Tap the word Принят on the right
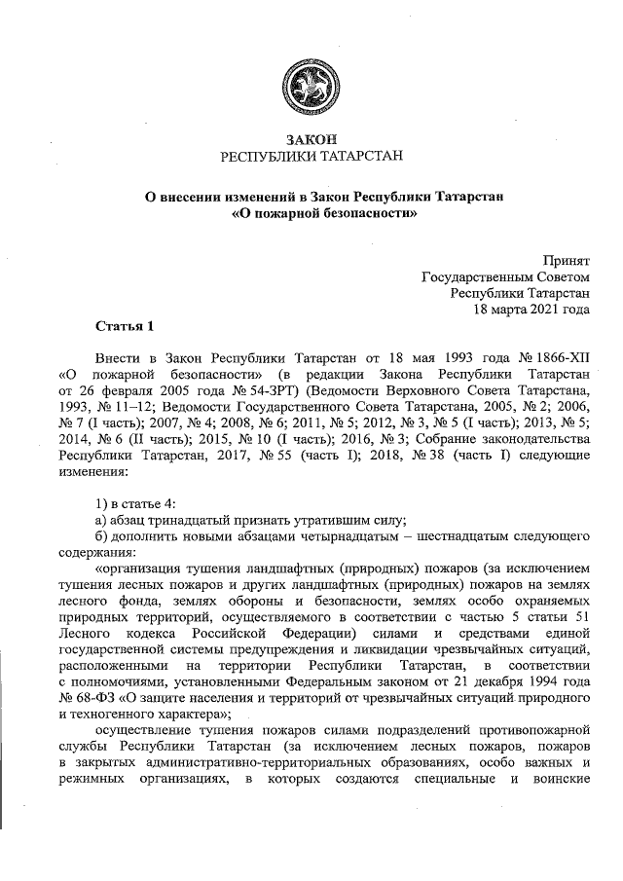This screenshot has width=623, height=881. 567,260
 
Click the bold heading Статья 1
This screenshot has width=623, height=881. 125,323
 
